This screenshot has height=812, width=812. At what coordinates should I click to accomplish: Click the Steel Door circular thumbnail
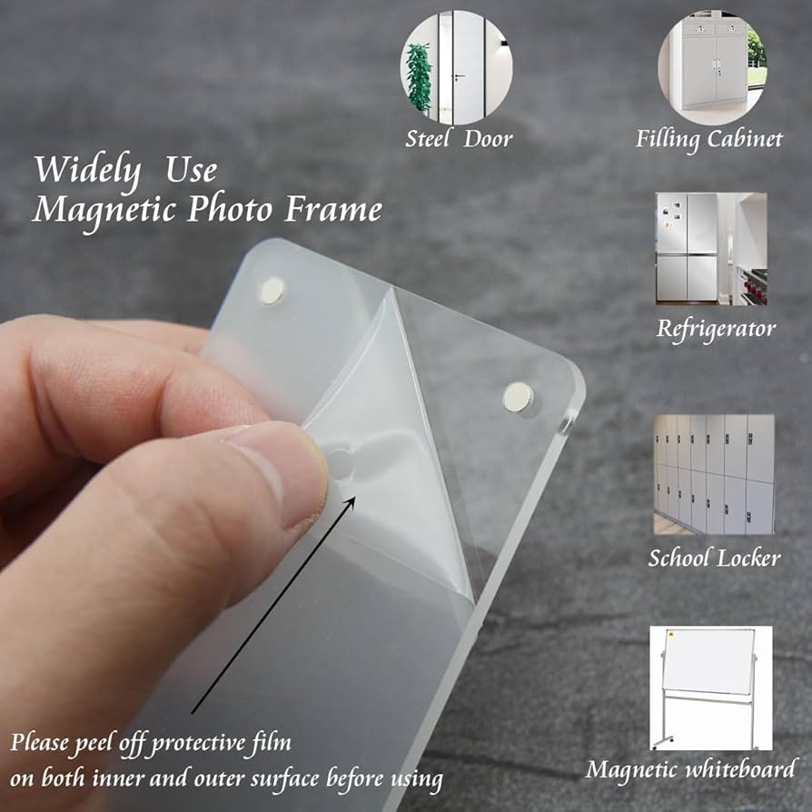coord(456,68)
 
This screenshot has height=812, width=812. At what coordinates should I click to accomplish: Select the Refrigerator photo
coord(711,248)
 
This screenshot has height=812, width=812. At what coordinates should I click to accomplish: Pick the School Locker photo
coord(714,474)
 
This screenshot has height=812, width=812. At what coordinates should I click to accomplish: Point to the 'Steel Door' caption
coord(459,139)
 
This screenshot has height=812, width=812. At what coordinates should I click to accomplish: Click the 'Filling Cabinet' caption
coord(708,140)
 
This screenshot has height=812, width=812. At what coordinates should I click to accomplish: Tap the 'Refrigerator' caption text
coord(716,328)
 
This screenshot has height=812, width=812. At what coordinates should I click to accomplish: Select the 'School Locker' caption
coord(714,557)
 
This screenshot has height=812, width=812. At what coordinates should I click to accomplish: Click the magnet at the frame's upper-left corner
coord(272,291)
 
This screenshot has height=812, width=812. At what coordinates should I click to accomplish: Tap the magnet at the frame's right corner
coord(518,395)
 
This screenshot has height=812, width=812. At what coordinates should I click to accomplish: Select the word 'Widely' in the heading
coord(87,171)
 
